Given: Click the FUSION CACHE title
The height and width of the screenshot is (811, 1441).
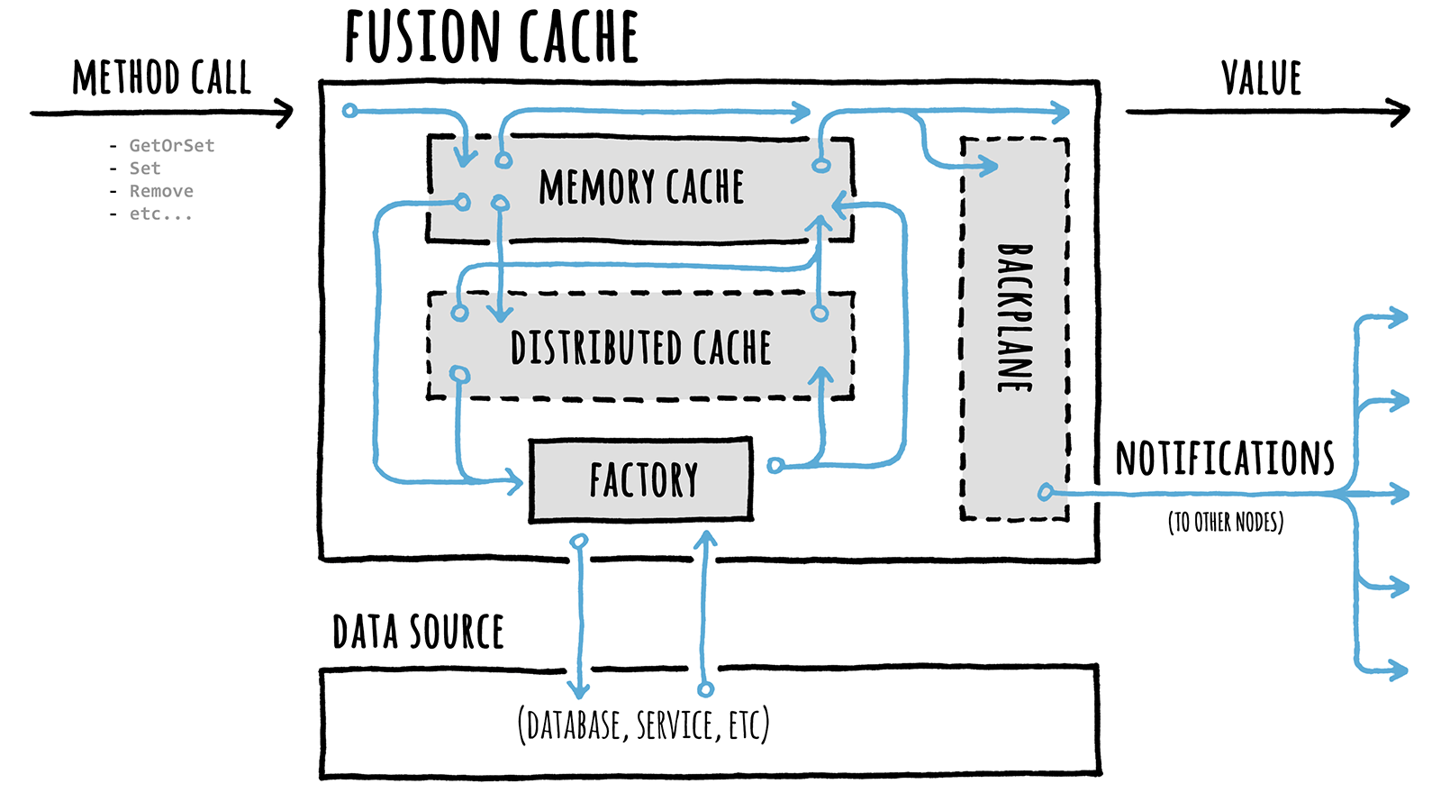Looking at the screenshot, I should [491, 38].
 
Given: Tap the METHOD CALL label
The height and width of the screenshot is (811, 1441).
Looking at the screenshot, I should [161, 78].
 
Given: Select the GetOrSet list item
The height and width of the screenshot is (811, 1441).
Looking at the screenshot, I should [171, 145].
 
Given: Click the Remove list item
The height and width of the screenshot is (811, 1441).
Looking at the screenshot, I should [161, 191].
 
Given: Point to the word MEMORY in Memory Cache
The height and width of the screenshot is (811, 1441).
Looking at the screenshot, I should [596, 187].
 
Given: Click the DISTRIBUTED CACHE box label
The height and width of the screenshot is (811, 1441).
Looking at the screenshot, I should [640, 348].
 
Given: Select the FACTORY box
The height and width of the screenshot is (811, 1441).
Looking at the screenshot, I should [641, 480].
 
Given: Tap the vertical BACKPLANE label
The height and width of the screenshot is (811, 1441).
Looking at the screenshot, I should [1015, 317].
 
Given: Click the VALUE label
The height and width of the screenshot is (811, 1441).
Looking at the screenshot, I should [1261, 78].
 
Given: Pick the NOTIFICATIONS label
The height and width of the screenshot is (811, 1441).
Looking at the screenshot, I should [1224, 459].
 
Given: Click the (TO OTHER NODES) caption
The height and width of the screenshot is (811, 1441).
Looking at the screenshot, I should [1225, 522].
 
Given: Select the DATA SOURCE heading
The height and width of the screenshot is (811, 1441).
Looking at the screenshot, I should [418, 632].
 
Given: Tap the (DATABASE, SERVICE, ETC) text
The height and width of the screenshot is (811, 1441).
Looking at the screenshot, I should [643, 724].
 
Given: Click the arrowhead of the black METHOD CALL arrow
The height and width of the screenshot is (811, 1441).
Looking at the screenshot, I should [286, 113].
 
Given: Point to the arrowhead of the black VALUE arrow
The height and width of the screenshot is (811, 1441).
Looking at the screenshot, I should [1401, 113].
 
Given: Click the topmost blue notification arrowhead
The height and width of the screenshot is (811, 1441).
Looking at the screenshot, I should [1400, 317].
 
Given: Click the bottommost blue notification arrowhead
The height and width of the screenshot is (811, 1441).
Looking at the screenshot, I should [1400, 670].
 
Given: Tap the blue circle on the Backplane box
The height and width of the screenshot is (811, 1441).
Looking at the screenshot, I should [1045, 492].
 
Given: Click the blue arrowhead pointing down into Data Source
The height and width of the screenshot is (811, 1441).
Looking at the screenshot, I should [580, 691].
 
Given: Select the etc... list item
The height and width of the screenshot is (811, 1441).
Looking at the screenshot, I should [160, 214].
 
